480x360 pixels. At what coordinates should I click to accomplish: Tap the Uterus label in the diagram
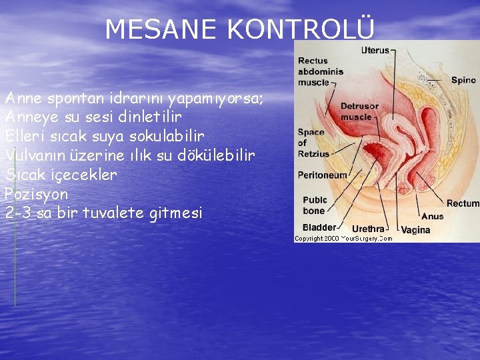point(375,50)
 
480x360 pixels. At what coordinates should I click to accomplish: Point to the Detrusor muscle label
point(359,111)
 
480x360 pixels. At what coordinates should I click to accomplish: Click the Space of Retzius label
point(313,143)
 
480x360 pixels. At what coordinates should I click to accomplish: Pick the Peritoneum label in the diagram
point(323,175)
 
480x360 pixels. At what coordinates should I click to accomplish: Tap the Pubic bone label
point(315,205)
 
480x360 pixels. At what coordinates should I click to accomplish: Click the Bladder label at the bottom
point(319,228)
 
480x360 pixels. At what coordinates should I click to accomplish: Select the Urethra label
point(368,229)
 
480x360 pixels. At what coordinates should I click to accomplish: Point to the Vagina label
point(415,230)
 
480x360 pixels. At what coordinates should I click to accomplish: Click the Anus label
point(432,216)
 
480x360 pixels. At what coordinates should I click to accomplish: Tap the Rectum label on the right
point(463,203)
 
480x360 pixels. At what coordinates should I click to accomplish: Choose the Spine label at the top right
point(463,80)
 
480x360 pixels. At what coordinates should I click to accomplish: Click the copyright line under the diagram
point(343,238)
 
